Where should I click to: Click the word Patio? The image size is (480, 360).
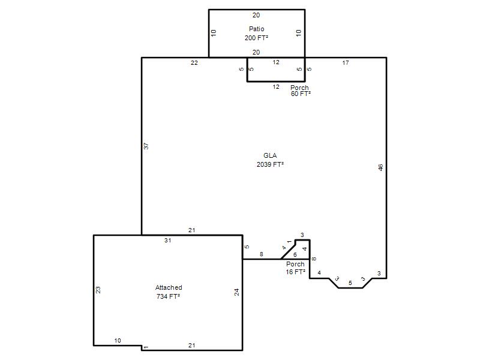click(257, 29)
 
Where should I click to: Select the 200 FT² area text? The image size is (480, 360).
click(257, 38)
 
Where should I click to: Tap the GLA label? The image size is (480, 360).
click(270, 155)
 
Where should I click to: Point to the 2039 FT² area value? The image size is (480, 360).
click(270, 164)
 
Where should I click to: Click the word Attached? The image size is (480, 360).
click(169, 287)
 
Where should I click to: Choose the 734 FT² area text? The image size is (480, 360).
click(168, 296)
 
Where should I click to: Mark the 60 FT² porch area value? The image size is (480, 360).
click(301, 94)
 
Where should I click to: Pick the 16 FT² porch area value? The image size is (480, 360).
click(295, 272)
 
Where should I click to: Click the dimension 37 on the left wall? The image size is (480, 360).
click(146, 146)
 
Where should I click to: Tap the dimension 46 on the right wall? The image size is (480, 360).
click(380, 168)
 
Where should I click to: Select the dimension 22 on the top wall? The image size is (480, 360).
click(194, 63)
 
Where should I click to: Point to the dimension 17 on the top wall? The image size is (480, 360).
click(346, 63)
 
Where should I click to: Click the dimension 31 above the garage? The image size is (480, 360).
click(167, 241)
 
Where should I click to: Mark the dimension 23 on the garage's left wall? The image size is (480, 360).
click(98, 290)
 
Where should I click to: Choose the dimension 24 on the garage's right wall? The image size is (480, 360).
click(236, 292)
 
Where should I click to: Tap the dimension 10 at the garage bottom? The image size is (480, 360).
click(118, 340)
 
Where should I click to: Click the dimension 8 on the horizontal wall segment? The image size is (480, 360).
click(261, 254)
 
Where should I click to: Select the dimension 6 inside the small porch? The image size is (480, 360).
click(295, 254)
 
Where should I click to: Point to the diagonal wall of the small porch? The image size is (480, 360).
click(288, 251)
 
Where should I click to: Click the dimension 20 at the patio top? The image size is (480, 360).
click(256, 15)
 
